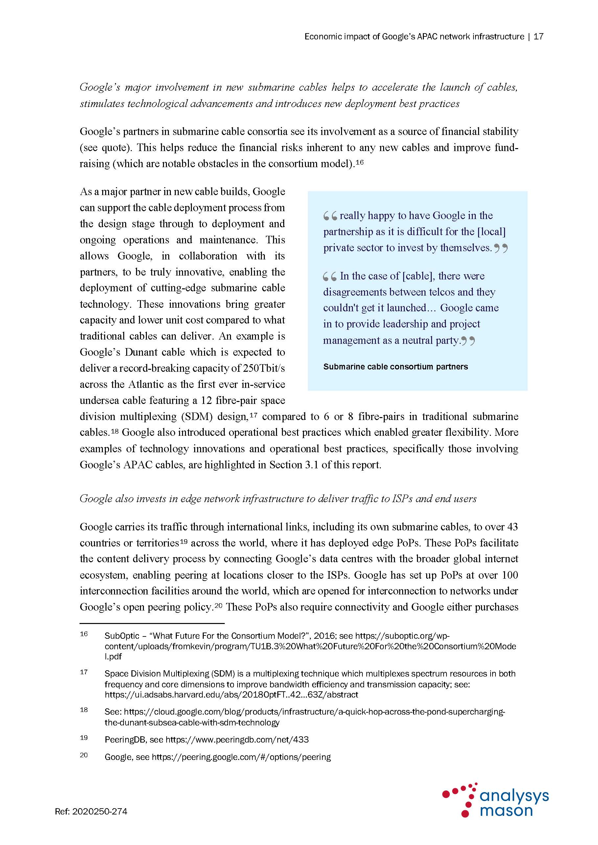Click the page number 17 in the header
pos(538,36)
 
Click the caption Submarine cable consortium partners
pos(396,367)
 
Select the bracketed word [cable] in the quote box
pos(418,276)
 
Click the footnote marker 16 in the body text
pos(359,162)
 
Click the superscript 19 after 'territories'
pos(184,541)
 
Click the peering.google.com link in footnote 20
pos(241,757)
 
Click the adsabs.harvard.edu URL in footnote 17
pos(231,695)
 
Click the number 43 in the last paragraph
pos(512,527)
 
